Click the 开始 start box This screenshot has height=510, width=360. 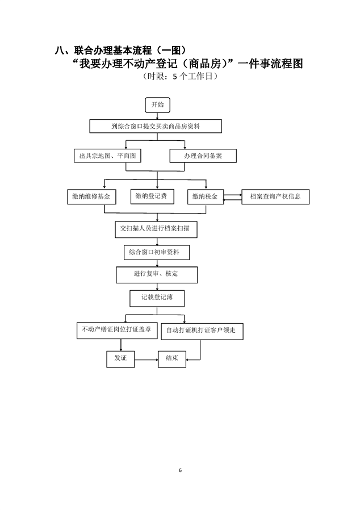(x=157, y=105)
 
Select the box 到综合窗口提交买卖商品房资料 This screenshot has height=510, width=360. (x=156, y=126)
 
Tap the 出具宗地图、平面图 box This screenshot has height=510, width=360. (x=107, y=156)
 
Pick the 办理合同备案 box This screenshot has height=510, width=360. (x=203, y=156)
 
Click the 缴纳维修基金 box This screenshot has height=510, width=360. (x=91, y=197)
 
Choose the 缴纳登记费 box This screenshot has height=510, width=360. (x=151, y=197)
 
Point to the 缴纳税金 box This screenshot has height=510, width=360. (x=205, y=197)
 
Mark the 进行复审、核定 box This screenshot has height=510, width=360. (x=156, y=274)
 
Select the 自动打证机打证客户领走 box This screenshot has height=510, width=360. (x=202, y=331)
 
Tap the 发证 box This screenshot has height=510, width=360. (x=120, y=358)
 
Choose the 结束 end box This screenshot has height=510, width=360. (x=172, y=358)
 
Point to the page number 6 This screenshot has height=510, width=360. (x=180, y=470)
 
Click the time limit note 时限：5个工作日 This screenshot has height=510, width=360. (x=179, y=76)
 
